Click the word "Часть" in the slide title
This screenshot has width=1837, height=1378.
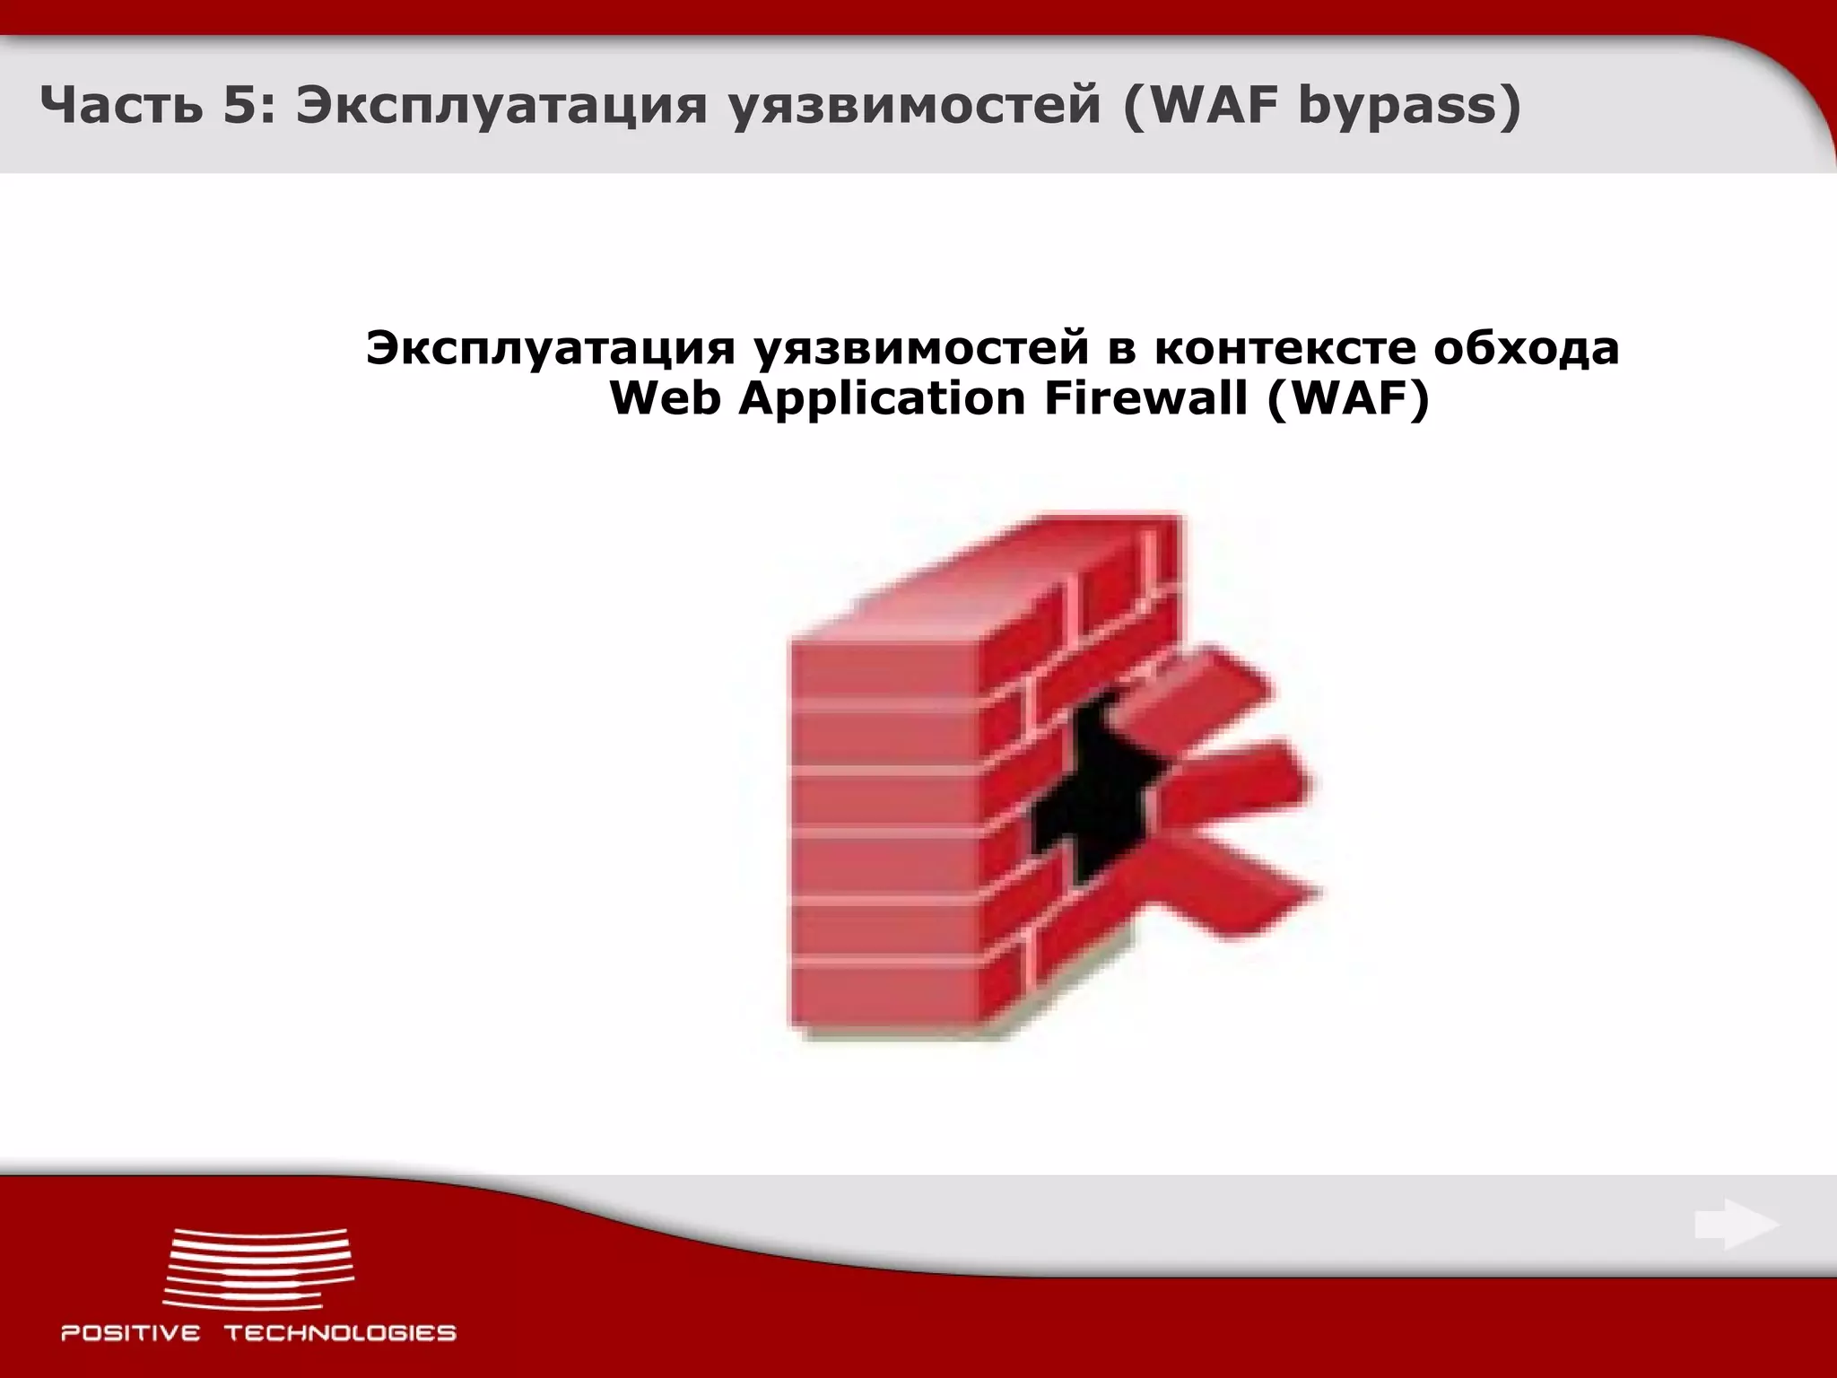[x=116, y=107]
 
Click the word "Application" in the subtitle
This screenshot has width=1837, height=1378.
[x=882, y=398]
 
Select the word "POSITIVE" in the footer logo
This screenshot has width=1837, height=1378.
[x=131, y=1333]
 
